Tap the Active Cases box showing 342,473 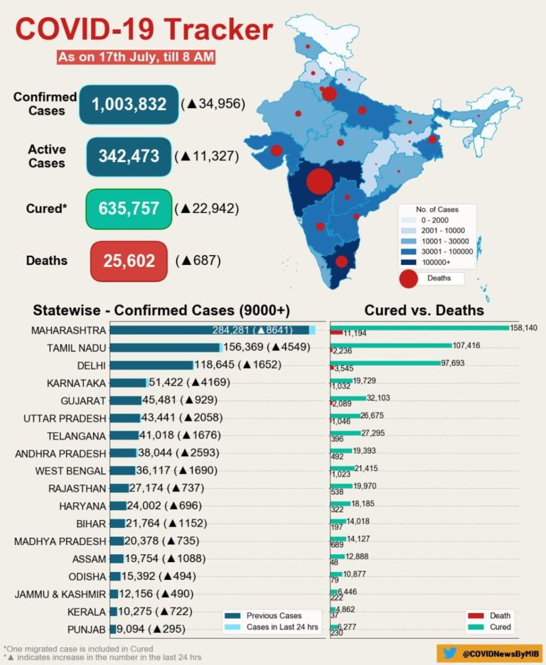click(129, 156)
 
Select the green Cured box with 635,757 click(129, 209)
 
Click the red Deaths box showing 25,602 click(129, 261)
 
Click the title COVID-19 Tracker click(144, 30)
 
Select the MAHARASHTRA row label click(68, 330)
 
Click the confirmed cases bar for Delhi click(151, 365)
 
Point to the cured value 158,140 click(524, 328)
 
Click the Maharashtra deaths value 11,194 click(355, 333)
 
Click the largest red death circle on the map click(320, 180)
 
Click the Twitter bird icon click(449, 653)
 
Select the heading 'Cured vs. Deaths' click(424, 310)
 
